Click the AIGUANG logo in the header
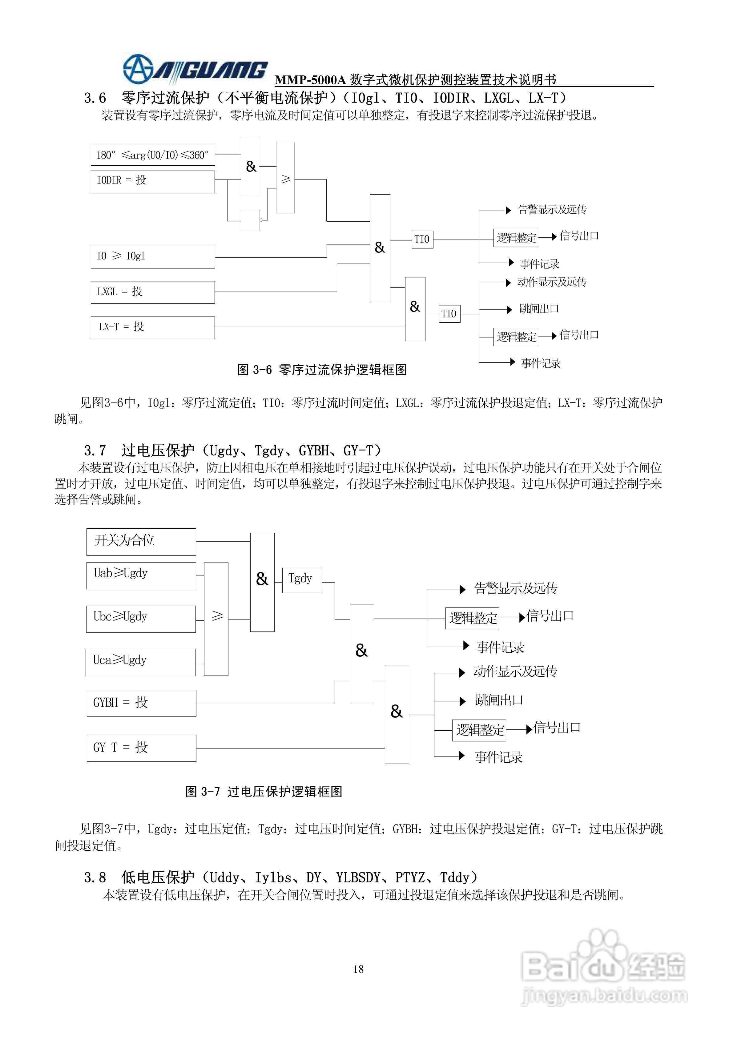click(x=195, y=70)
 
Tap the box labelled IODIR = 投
click(x=153, y=182)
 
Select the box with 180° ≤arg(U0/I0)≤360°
click(x=153, y=155)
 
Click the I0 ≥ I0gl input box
click(x=153, y=257)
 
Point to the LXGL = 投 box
click(x=153, y=292)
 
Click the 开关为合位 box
click(x=141, y=542)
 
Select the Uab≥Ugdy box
click(x=141, y=575)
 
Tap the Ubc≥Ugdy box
click(x=141, y=619)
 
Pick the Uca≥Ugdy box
click(x=140, y=662)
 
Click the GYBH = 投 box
click(x=141, y=703)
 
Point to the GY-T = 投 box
click(x=141, y=748)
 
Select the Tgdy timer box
click(x=302, y=580)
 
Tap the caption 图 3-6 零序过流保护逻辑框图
click(x=322, y=370)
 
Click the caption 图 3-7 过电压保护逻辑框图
click(x=264, y=791)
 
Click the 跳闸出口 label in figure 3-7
click(x=499, y=700)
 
